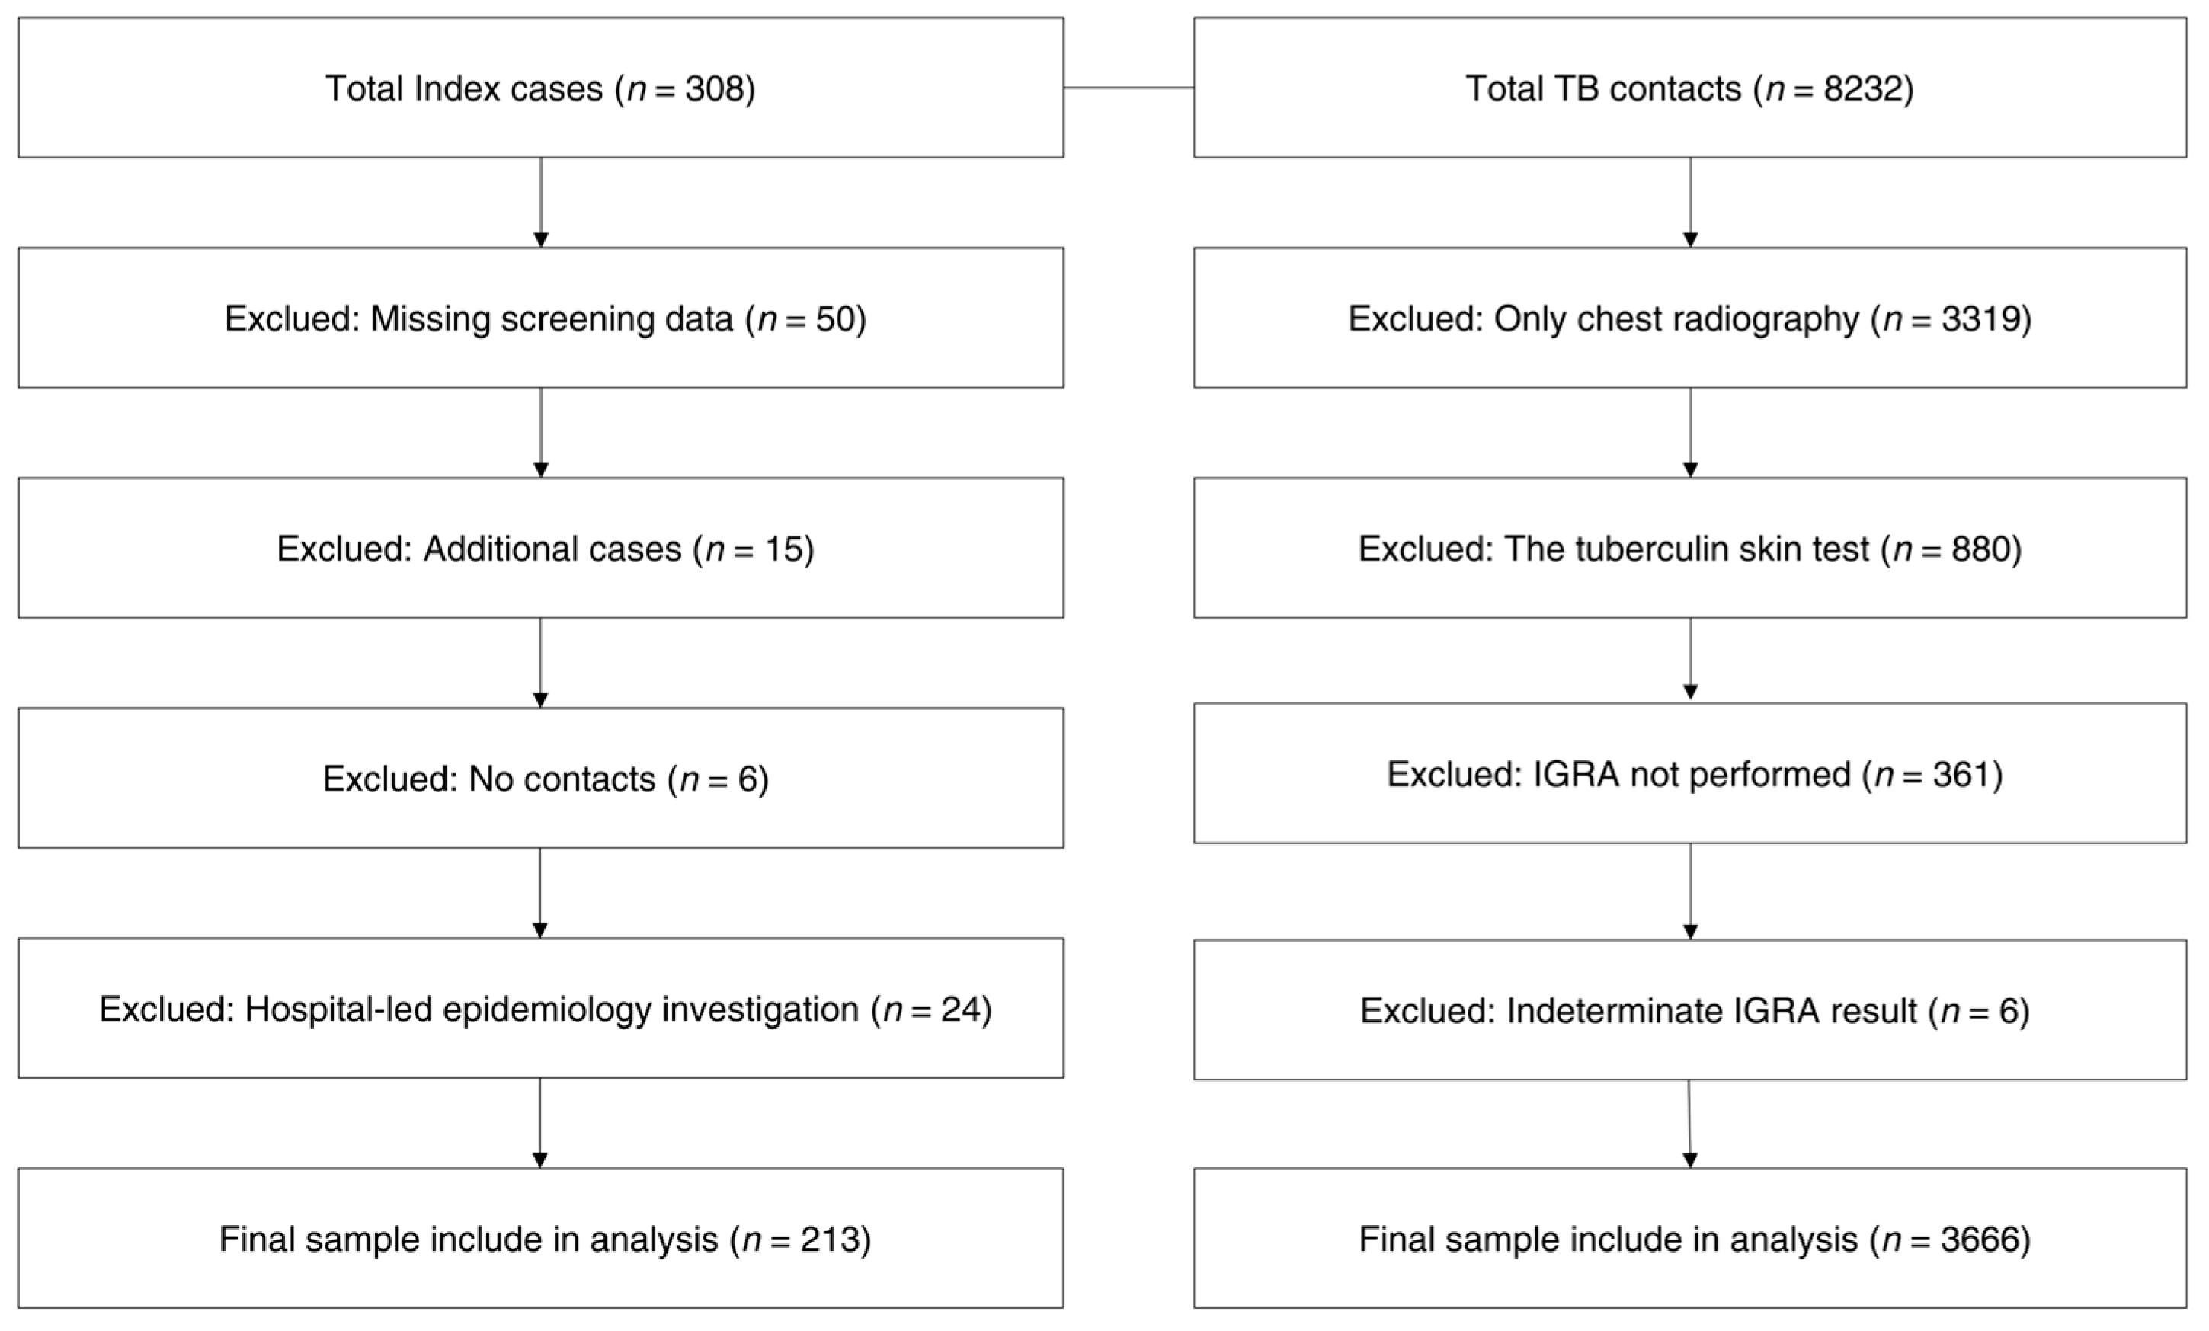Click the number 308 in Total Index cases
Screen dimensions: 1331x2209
coord(715,88)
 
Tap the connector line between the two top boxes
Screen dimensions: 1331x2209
coord(1128,88)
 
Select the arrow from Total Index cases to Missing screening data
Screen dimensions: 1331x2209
coord(540,203)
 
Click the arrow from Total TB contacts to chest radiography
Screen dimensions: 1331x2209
coord(1690,203)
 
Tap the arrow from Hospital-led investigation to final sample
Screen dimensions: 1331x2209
coord(539,1123)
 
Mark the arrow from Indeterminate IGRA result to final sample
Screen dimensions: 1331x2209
coord(1690,1124)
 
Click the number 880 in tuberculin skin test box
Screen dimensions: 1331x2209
coord(1980,549)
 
